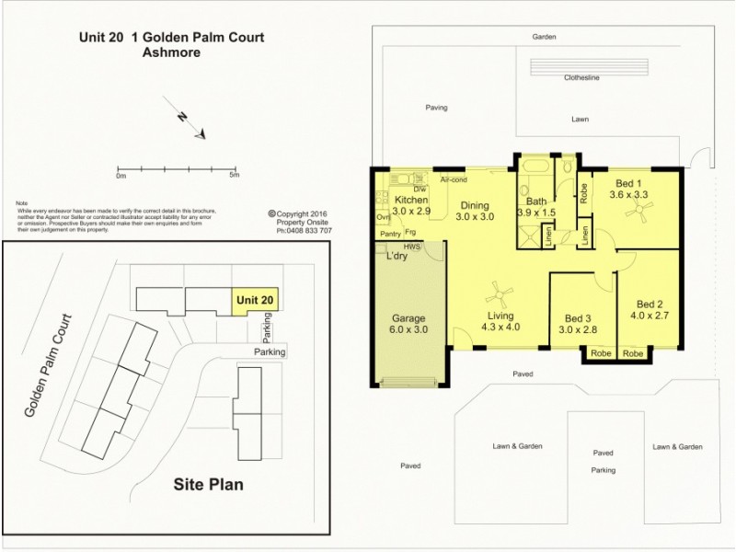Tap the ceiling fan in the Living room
coord(501,293)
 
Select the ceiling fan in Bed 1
coord(638,213)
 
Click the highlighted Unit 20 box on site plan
coord(254,300)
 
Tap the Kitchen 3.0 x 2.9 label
coord(410,206)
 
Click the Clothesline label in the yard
coord(582,78)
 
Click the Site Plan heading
coord(209,483)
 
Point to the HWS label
coord(431,247)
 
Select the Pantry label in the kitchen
coord(389,235)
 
